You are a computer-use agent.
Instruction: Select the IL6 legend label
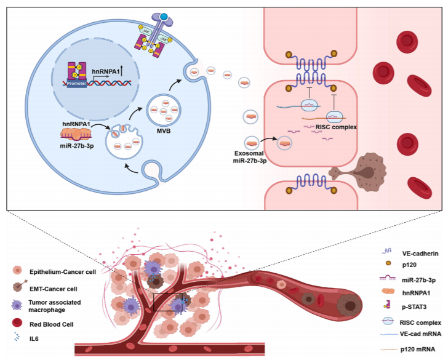[34, 337]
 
